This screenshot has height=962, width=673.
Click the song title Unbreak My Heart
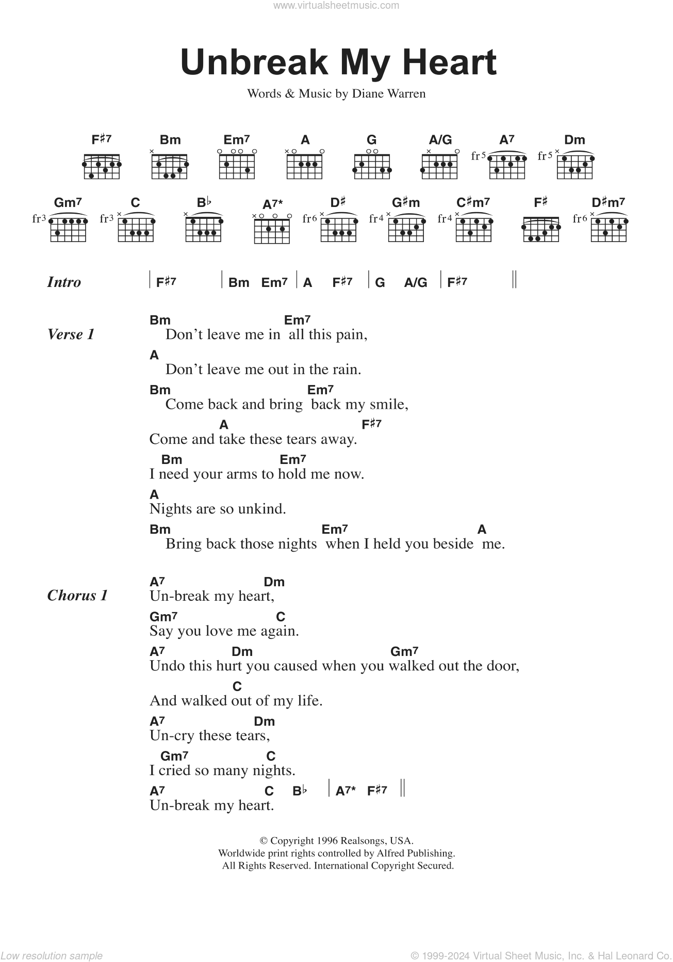tap(338, 62)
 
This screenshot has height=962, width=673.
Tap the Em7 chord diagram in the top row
tap(237, 165)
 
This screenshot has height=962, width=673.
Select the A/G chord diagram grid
tap(439, 165)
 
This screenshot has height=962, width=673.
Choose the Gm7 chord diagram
tap(68, 228)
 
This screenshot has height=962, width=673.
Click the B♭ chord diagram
tap(204, 228)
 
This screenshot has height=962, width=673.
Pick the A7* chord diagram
tap(272, 229)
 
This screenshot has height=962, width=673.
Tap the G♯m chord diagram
tap(406, 228)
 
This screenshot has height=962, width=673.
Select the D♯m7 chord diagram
tap(609, 228)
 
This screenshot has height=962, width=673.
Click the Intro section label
tap(64, 282)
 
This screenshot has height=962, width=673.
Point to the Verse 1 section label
tap(71, 334)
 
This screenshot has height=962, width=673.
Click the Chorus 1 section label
tap(77, 596)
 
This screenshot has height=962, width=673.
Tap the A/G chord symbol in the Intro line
tap(416, 282)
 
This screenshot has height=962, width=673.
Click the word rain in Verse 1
tap(347, 370)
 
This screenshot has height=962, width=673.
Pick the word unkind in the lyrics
tap(262, 509)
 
